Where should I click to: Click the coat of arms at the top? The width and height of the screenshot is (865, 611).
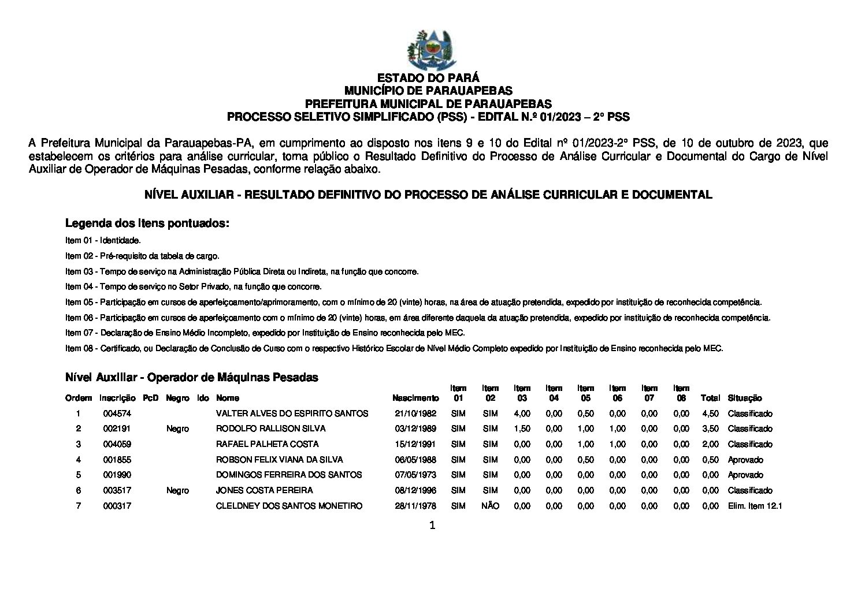click(431, 50)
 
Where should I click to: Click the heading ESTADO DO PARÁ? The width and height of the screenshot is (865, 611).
click(428, 78)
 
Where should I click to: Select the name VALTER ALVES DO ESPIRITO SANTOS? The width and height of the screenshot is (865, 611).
click(292, 413)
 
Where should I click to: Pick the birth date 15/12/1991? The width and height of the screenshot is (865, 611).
click(415, 444)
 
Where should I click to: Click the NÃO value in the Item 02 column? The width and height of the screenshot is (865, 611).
click(490, 506)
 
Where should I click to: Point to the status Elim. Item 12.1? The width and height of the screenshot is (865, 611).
click(755, 506)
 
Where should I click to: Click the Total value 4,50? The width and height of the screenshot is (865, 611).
click(710, 413)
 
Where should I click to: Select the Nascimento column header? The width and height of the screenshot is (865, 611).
click(415, 398)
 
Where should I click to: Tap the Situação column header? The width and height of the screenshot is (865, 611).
click(745, 398)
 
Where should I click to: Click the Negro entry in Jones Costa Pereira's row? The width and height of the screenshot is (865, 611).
click(177, 490)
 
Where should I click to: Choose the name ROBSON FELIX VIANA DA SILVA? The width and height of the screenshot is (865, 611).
click(279, 460)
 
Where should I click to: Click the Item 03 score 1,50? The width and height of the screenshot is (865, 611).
click(522, 429)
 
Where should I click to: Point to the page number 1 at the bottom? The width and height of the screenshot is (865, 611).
click(432, 526)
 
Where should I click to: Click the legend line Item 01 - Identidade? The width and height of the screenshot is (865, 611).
click(103, 240)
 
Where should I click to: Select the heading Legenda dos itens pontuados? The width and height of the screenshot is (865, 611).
click(147, 223)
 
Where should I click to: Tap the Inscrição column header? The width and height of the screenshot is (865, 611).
click(117, 398)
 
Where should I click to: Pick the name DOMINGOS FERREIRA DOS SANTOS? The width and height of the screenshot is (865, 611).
click(289, 475)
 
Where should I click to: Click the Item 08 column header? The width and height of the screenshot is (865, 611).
click(681, 393)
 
